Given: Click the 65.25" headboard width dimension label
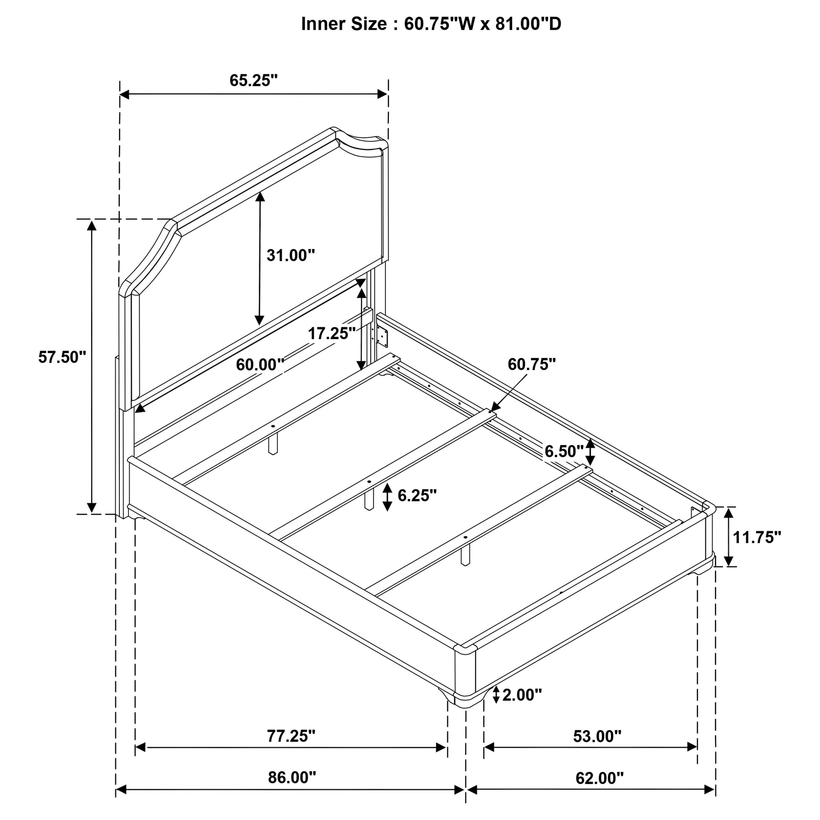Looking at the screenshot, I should (254, 80).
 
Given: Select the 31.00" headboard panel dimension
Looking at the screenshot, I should (291, 256).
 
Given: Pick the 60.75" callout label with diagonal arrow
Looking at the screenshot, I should (531, 364).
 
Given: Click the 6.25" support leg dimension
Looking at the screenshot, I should (417, 495).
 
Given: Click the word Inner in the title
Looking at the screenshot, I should (323, 24).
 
